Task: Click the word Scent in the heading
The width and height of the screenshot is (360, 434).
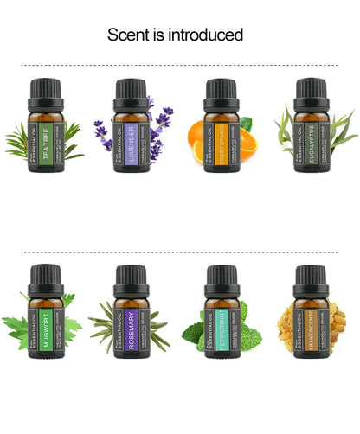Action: (125, 35)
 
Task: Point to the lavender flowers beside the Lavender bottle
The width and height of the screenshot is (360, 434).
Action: (160, 125)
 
